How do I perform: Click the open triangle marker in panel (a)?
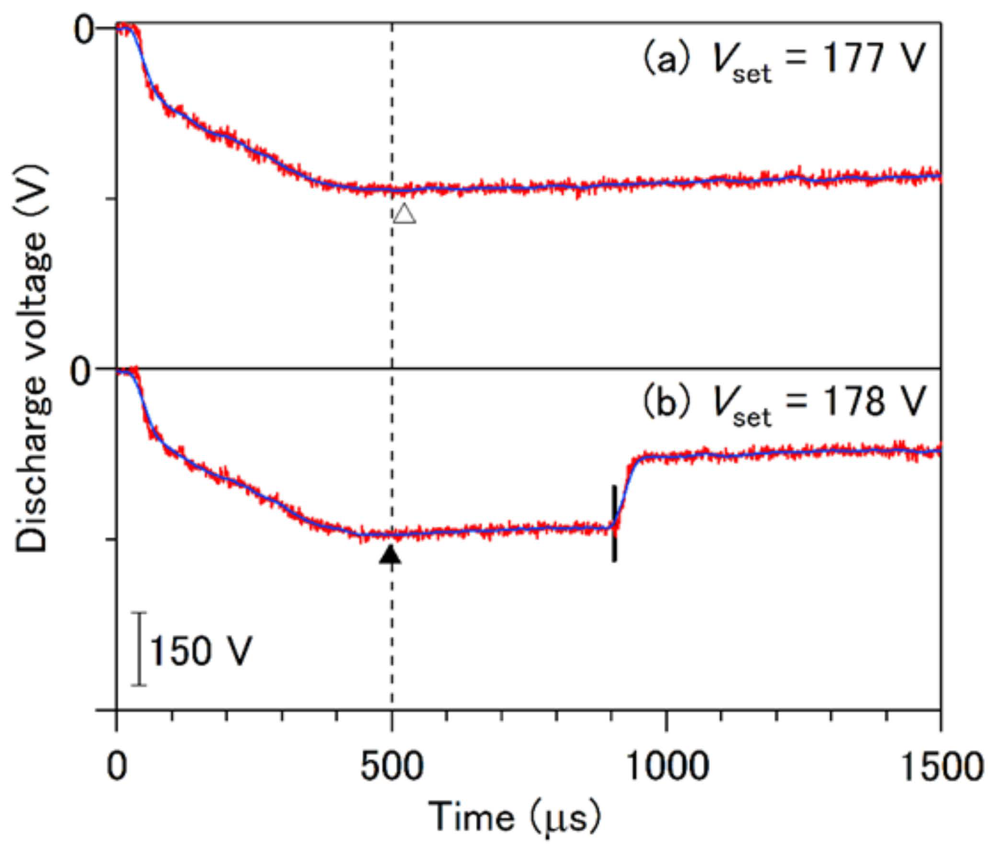tap(405, 214)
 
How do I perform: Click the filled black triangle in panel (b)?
tap(390, 555)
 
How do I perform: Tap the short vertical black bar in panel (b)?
tap(614, 523)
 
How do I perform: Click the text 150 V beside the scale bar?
tap(201, 651)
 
